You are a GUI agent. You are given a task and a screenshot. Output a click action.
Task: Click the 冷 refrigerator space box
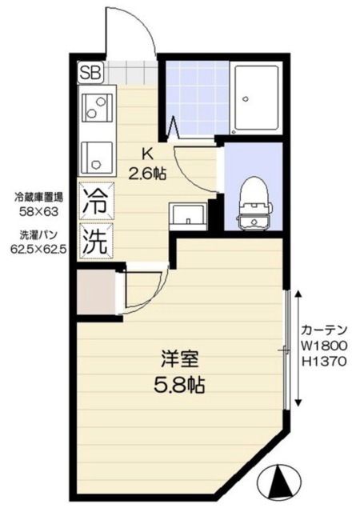[94, 200]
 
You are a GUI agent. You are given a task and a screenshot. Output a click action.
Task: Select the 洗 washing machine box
[94, 241]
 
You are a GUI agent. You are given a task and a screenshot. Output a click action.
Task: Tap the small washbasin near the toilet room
[186, 215]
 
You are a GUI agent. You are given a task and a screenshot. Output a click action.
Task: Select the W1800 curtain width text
[324, 346]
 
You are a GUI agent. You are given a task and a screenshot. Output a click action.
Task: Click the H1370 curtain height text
[324, 361]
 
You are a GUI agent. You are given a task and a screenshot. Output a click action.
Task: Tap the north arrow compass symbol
[280, 482]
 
